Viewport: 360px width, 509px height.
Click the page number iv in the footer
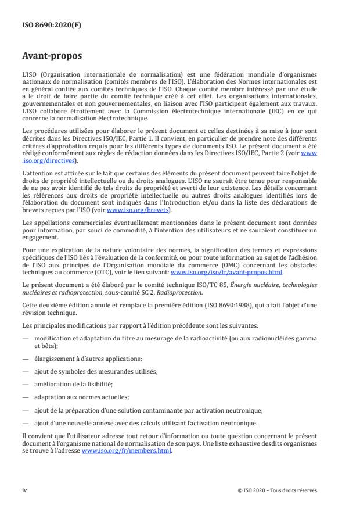(24, 490)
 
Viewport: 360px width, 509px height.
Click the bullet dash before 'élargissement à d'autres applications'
(25, 359)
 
